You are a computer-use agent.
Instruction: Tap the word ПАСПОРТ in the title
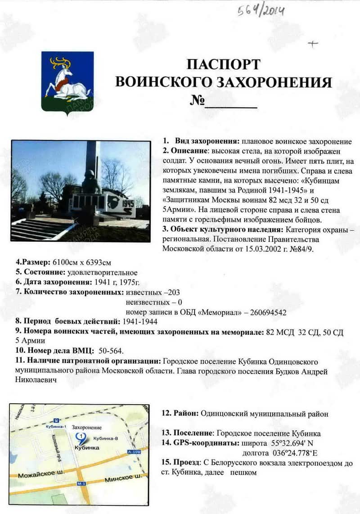click(x=223, y=64)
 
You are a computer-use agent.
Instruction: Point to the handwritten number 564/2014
click(x=261, y=9)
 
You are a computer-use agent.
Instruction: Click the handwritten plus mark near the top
click(x=312, y=44)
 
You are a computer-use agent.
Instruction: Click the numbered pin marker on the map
click(x=81, y=436)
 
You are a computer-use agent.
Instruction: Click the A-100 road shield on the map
click(x=134, y=451)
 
